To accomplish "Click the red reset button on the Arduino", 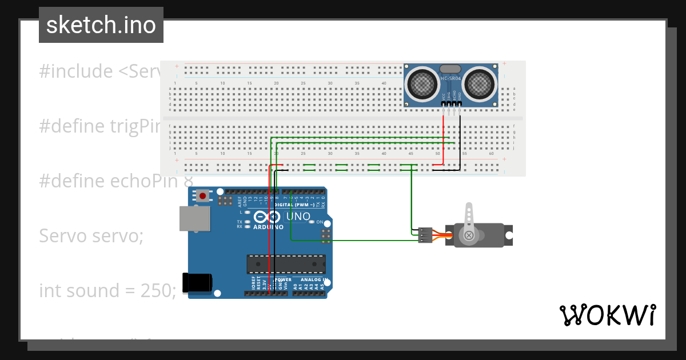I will [202, 196].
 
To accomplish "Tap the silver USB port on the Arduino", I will [195, 218].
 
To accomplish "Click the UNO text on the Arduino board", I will [298, 217].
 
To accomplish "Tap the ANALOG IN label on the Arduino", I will [318, 280].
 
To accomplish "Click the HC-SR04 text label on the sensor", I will [450, 78].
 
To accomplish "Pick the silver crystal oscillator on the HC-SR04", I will [450, 69].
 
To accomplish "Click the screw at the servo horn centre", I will [469, 235].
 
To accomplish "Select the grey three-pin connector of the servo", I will [425, 235].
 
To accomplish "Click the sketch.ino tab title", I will [101, 25].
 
